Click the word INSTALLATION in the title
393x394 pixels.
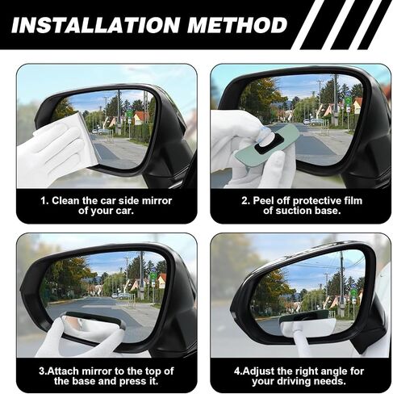coord(95,25)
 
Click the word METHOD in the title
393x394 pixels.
coord(237,25)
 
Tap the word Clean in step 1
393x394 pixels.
coord(66,201)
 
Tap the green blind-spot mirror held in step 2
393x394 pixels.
coord(266,146)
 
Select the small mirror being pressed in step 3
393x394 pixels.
coord(94,321)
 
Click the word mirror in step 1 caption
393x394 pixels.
coord(157,201)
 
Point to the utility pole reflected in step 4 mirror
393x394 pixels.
coord(342,283)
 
